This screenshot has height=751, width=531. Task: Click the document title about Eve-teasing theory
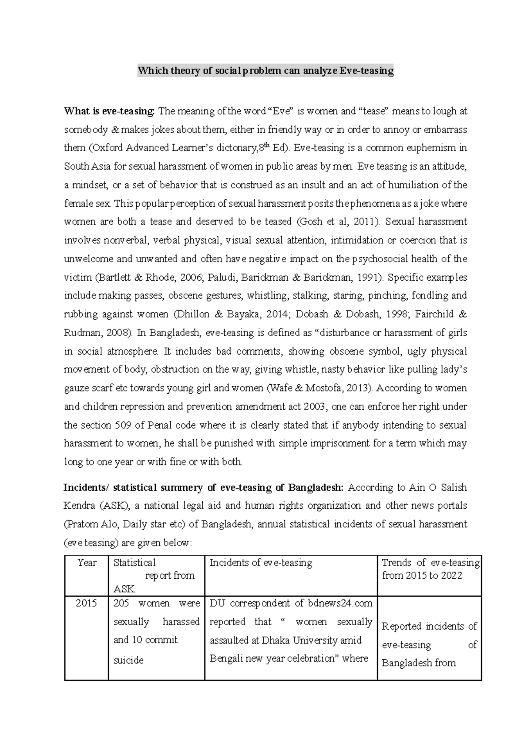tap(265, 71)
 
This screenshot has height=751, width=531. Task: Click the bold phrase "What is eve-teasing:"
tap(109, 111)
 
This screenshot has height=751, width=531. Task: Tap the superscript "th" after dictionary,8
tap(267, 146)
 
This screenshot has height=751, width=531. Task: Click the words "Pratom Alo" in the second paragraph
tap(92, 525)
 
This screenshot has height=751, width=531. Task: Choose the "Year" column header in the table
tap(87, 563)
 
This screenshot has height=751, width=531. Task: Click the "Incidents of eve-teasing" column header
tap(261, 563)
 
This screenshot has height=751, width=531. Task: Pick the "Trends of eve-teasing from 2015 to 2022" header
tap(429, 569)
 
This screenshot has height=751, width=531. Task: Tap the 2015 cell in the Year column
tap(86, 604)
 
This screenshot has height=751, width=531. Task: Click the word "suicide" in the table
tap(128, 660)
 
